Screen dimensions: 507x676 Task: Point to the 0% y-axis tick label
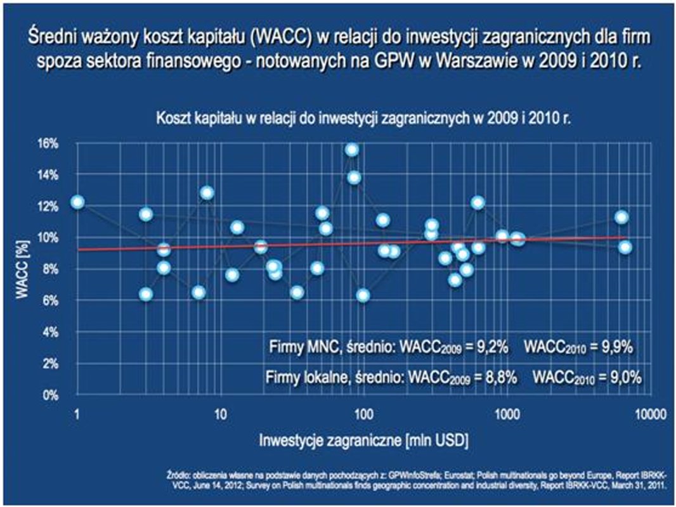(x=51, y=395)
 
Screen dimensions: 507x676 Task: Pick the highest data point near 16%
(x=352, y=150)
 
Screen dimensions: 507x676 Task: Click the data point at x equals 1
(x=77, y=202)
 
